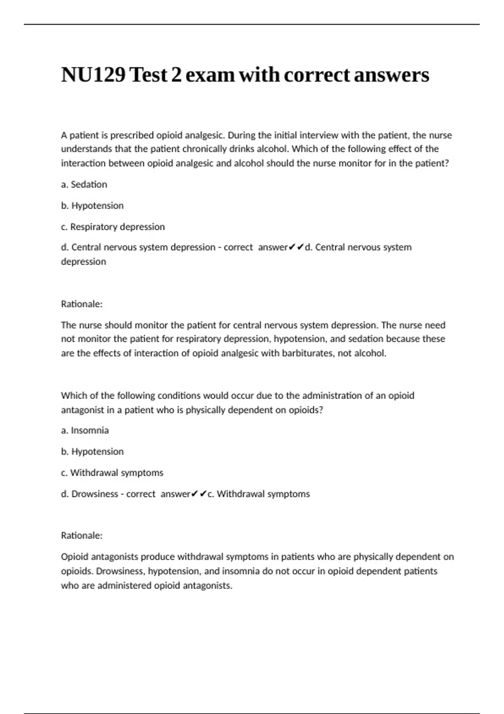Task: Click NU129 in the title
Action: coord(93,75)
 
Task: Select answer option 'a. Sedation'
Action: coord(84,184)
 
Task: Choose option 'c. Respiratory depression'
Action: coord(113,227)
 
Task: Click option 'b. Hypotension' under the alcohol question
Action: coord(92,206)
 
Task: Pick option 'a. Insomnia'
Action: coord(85,430)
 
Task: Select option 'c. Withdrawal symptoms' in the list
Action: coord(112,473)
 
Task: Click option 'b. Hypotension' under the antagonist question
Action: coord(92,451)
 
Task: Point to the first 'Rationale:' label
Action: coord(82,304)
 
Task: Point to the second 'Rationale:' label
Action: coord(82,535)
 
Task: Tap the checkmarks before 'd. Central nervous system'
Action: coord(296,247)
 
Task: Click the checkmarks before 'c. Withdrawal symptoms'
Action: coord(199,494)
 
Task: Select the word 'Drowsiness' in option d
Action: coord(94,494)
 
